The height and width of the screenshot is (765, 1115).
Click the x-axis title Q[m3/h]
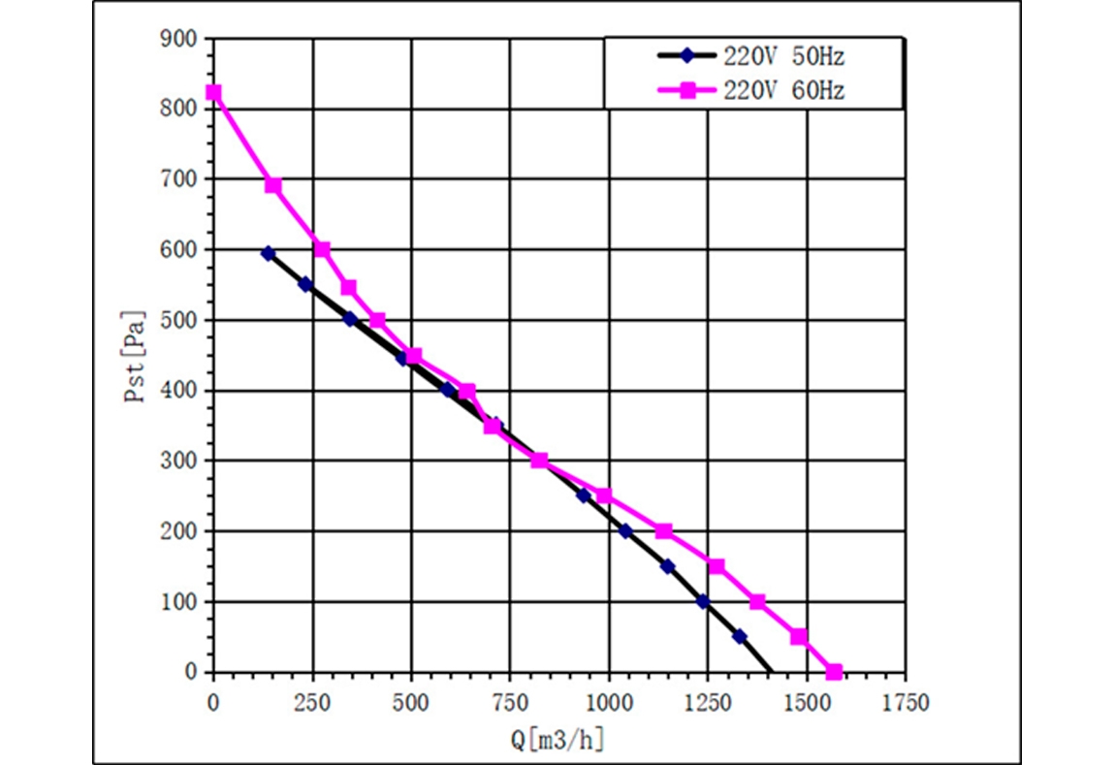point(557,739)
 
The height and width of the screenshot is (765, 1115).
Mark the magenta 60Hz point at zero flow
point(213,93)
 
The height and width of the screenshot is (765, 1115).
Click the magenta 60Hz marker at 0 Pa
point(834,672)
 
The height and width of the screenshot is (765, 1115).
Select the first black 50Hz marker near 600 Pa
point(269,253)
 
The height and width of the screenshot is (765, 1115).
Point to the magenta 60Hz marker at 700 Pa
point(273,185)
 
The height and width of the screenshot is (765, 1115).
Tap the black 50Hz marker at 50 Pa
point(740,637)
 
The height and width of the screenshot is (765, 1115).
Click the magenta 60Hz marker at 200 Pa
point(664,531)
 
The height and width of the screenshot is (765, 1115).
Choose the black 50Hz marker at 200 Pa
point(625,531)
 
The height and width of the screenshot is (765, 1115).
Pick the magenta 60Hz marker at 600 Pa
point(322,249)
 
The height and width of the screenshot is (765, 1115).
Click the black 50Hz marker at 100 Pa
point(703,602)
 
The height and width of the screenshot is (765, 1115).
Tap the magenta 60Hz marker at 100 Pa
point(757,602)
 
